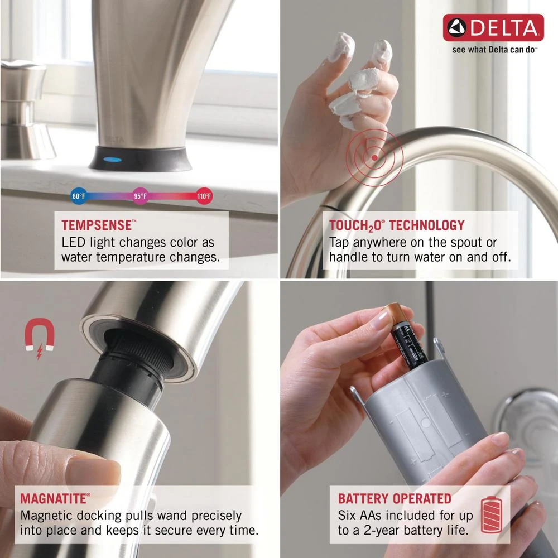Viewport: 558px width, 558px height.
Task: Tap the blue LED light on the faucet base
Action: point(113,159)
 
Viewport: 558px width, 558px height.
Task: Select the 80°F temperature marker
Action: point(79,196)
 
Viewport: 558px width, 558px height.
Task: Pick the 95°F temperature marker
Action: point(141,196)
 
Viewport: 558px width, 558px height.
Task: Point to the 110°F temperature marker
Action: point(204,196)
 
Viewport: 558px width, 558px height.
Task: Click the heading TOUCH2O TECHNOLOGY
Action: point(397,226)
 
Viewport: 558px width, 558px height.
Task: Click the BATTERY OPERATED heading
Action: point(395,498)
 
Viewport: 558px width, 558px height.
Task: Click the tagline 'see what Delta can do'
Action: point(494,50)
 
